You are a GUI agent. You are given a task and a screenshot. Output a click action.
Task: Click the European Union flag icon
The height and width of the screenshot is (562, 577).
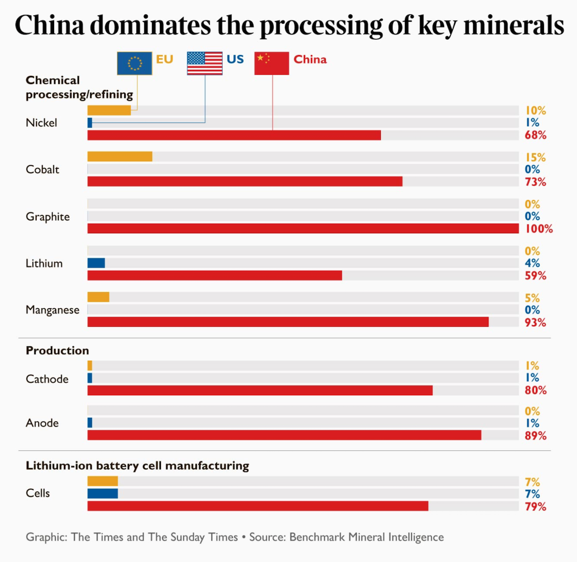pos(134,63)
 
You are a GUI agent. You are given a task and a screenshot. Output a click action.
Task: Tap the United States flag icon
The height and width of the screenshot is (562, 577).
pos(205,63)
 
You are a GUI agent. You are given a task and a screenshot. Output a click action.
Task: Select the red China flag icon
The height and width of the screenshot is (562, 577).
pos(271,63)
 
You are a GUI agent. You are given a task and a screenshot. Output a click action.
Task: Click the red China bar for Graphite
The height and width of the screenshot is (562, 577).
pos(303,229)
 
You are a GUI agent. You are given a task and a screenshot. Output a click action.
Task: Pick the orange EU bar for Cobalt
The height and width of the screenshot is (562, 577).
pos(120,156)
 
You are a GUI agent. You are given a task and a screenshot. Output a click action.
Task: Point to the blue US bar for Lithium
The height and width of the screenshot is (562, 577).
pos(96,263)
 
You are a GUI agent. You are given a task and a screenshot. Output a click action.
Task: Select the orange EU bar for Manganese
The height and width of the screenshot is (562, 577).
pos(98,297)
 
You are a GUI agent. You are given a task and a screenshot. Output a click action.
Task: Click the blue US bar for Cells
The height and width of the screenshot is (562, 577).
pos(103,494)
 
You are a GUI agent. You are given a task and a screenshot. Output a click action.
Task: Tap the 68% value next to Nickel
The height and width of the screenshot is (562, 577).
pos(536,135)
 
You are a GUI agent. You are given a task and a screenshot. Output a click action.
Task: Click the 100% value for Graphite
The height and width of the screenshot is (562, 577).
pos(539,229)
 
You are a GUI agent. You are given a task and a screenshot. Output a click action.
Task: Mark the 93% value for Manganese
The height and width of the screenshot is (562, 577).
pos(536,322)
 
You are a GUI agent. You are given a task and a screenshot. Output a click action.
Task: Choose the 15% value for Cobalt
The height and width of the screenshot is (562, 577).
pos(535,157)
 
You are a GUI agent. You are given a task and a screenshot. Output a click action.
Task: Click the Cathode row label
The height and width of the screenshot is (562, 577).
pos(47,379)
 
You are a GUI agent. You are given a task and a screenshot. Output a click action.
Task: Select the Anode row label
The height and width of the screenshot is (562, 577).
pos(42,423)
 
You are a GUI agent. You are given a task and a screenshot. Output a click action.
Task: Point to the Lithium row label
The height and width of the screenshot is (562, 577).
pos(44,264)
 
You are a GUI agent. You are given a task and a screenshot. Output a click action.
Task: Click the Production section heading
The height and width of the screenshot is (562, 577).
pos(57,350)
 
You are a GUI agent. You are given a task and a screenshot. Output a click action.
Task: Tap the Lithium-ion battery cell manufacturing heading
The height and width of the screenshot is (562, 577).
pos(137,466)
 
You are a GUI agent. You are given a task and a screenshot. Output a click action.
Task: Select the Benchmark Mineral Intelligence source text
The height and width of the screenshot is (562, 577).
pos(366,537)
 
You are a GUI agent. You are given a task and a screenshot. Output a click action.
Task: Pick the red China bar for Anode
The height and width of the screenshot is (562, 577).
pos(284,435)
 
